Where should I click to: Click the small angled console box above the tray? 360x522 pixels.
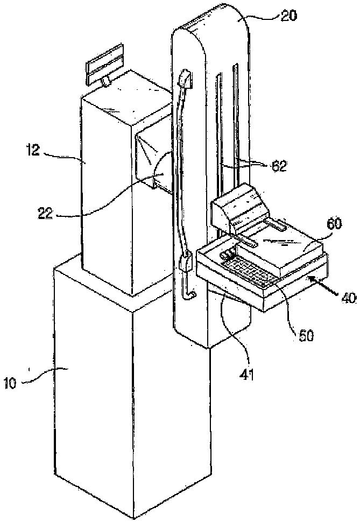(237, 207)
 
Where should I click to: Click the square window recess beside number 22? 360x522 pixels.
(153, 156)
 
